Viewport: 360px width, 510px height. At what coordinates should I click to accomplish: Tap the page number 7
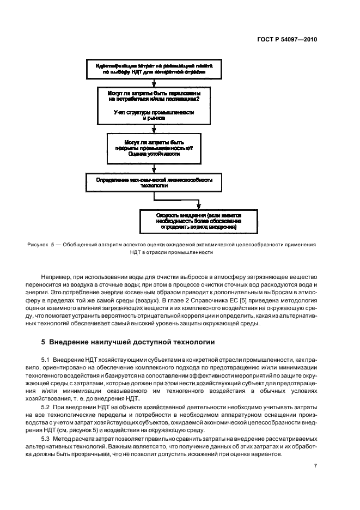(315, 465)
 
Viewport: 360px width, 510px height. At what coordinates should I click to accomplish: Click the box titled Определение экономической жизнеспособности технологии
(154, 181)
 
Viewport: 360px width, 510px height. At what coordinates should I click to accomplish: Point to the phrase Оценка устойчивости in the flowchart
(154, 154)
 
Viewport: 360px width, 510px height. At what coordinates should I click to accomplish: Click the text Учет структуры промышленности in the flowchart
(154, 112)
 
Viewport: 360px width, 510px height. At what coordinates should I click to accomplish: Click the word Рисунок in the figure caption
(37, 245)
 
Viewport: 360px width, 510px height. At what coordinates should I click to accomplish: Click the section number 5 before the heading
(44, 342)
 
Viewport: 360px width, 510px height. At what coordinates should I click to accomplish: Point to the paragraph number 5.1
(46, 360)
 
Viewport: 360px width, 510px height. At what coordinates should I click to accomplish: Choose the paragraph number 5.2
(46, 407)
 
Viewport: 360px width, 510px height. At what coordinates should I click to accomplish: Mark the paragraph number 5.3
(46, 439)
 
